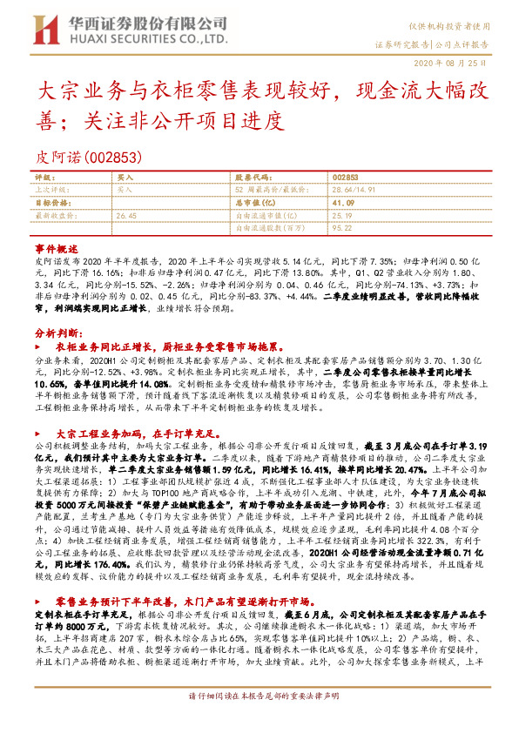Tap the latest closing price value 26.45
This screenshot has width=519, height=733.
point(127,214)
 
